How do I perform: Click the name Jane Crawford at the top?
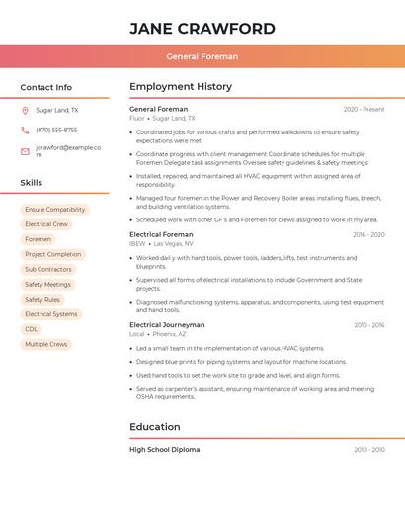tap(202, 28)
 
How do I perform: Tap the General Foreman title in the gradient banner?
tap(202, 56)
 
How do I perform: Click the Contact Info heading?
tap(45, 87)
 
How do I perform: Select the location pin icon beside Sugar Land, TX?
tap(25, 111)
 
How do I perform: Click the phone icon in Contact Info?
tap(25, 131)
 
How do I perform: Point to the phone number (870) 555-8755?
tap(56, 131)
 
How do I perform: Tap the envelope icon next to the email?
tap(25, 151)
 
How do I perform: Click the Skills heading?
tap(31, 183)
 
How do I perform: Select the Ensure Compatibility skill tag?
tap(54, 210)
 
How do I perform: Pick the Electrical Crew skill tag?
tap(46, 224)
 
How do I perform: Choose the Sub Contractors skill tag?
tap(48, 269)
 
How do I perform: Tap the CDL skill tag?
tap(32, 329)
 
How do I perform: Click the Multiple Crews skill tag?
tap(46, 344)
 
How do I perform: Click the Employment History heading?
tap(181, 87)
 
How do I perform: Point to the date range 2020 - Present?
tap(364, 109)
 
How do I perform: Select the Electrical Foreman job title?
tap(161, 234)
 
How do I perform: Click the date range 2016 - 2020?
tap(368, 234)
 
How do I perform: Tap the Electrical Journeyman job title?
tap(167, 324)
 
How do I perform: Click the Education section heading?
tap(155, 427)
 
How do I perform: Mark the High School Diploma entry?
tap(164, 449)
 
